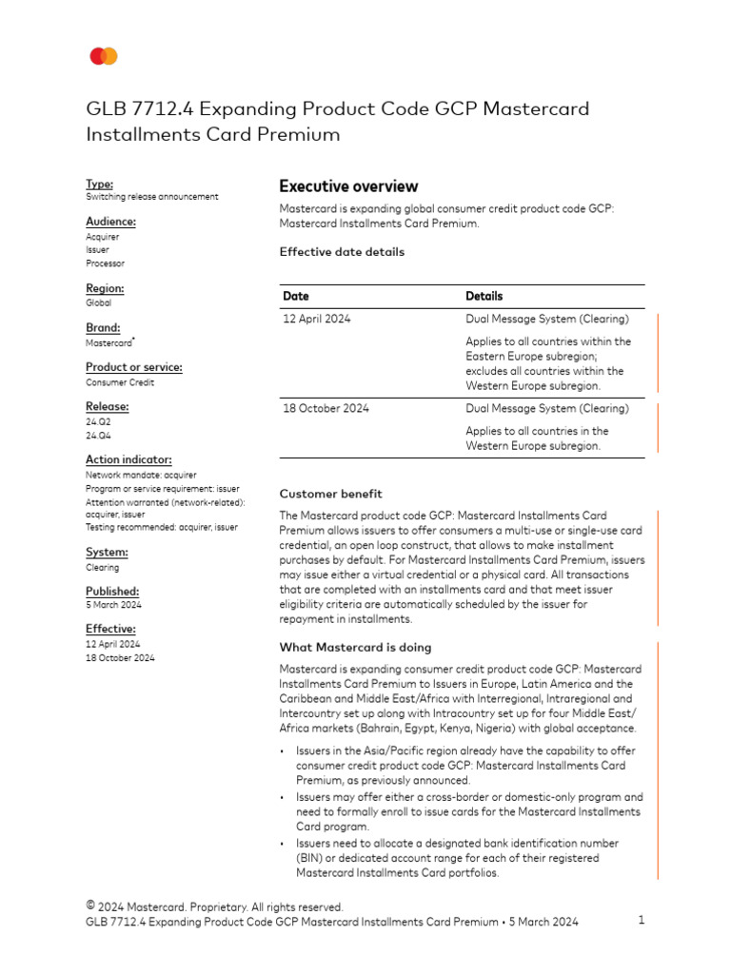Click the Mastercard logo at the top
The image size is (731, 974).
(104, 57)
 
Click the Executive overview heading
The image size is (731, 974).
(348, 186)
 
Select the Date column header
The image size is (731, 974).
(296, 296)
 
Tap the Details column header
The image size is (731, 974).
(484, 296)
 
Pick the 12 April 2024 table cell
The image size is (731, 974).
(316, 319)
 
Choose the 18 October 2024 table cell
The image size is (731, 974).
(326, 408)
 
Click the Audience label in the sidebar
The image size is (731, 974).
(110, 222)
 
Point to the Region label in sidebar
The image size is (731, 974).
(105, 288)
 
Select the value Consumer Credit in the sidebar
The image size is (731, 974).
(120, 382)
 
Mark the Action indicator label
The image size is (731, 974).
(128, 459)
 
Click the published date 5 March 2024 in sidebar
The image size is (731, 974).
(113, 605)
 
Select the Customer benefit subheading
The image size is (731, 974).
(330, 494)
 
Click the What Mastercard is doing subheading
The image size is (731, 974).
(355, 647)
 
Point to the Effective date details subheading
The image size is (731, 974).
(342, 252)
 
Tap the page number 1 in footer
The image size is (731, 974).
(642, 920)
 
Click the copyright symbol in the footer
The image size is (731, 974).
(90, 906)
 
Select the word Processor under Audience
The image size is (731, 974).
(105, 263)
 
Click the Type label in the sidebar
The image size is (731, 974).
(99, 184)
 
